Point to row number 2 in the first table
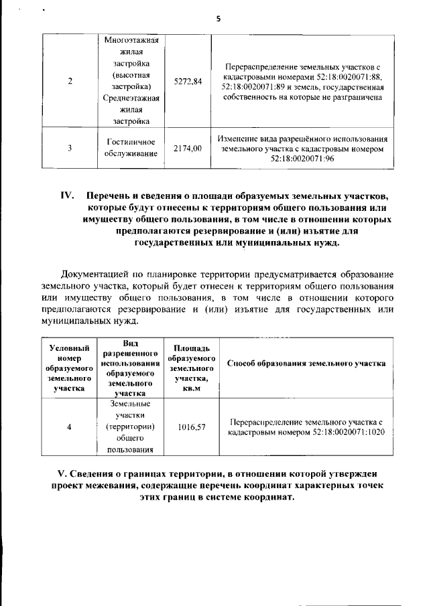pos(70,81)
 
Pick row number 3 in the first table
pos(70,148)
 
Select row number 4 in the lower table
pos(69,427)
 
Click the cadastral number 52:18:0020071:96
pos(302,159)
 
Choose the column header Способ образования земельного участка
pos(306,364)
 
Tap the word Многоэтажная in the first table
pos(132,39)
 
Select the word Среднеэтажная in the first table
pos(132,98)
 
